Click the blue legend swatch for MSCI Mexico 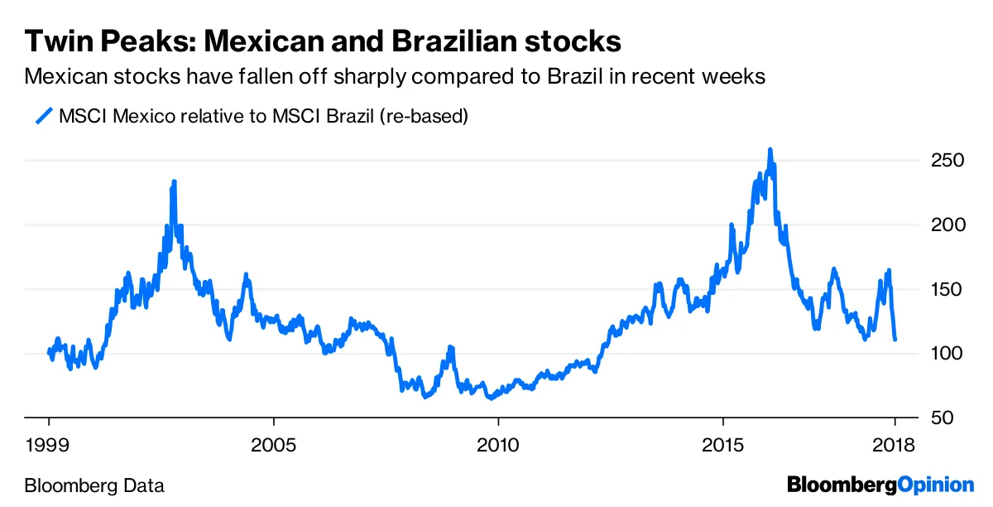pos(44,116)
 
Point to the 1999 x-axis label pos(48,445)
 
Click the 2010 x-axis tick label pos(498,445)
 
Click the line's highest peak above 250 pos(770,150)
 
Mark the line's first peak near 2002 pos(174,181)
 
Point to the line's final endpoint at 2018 pos(895,339)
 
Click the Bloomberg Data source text pos(95,485)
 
